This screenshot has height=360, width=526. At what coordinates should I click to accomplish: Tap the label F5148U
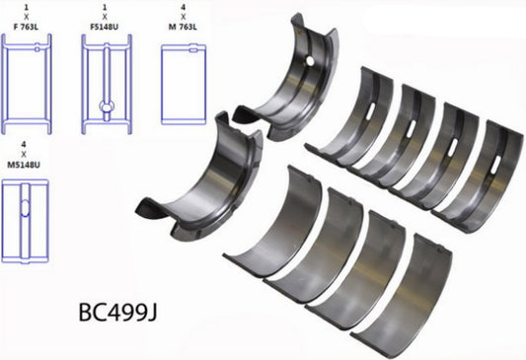click(105, 31)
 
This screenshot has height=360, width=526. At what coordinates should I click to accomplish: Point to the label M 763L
click(181, 31)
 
